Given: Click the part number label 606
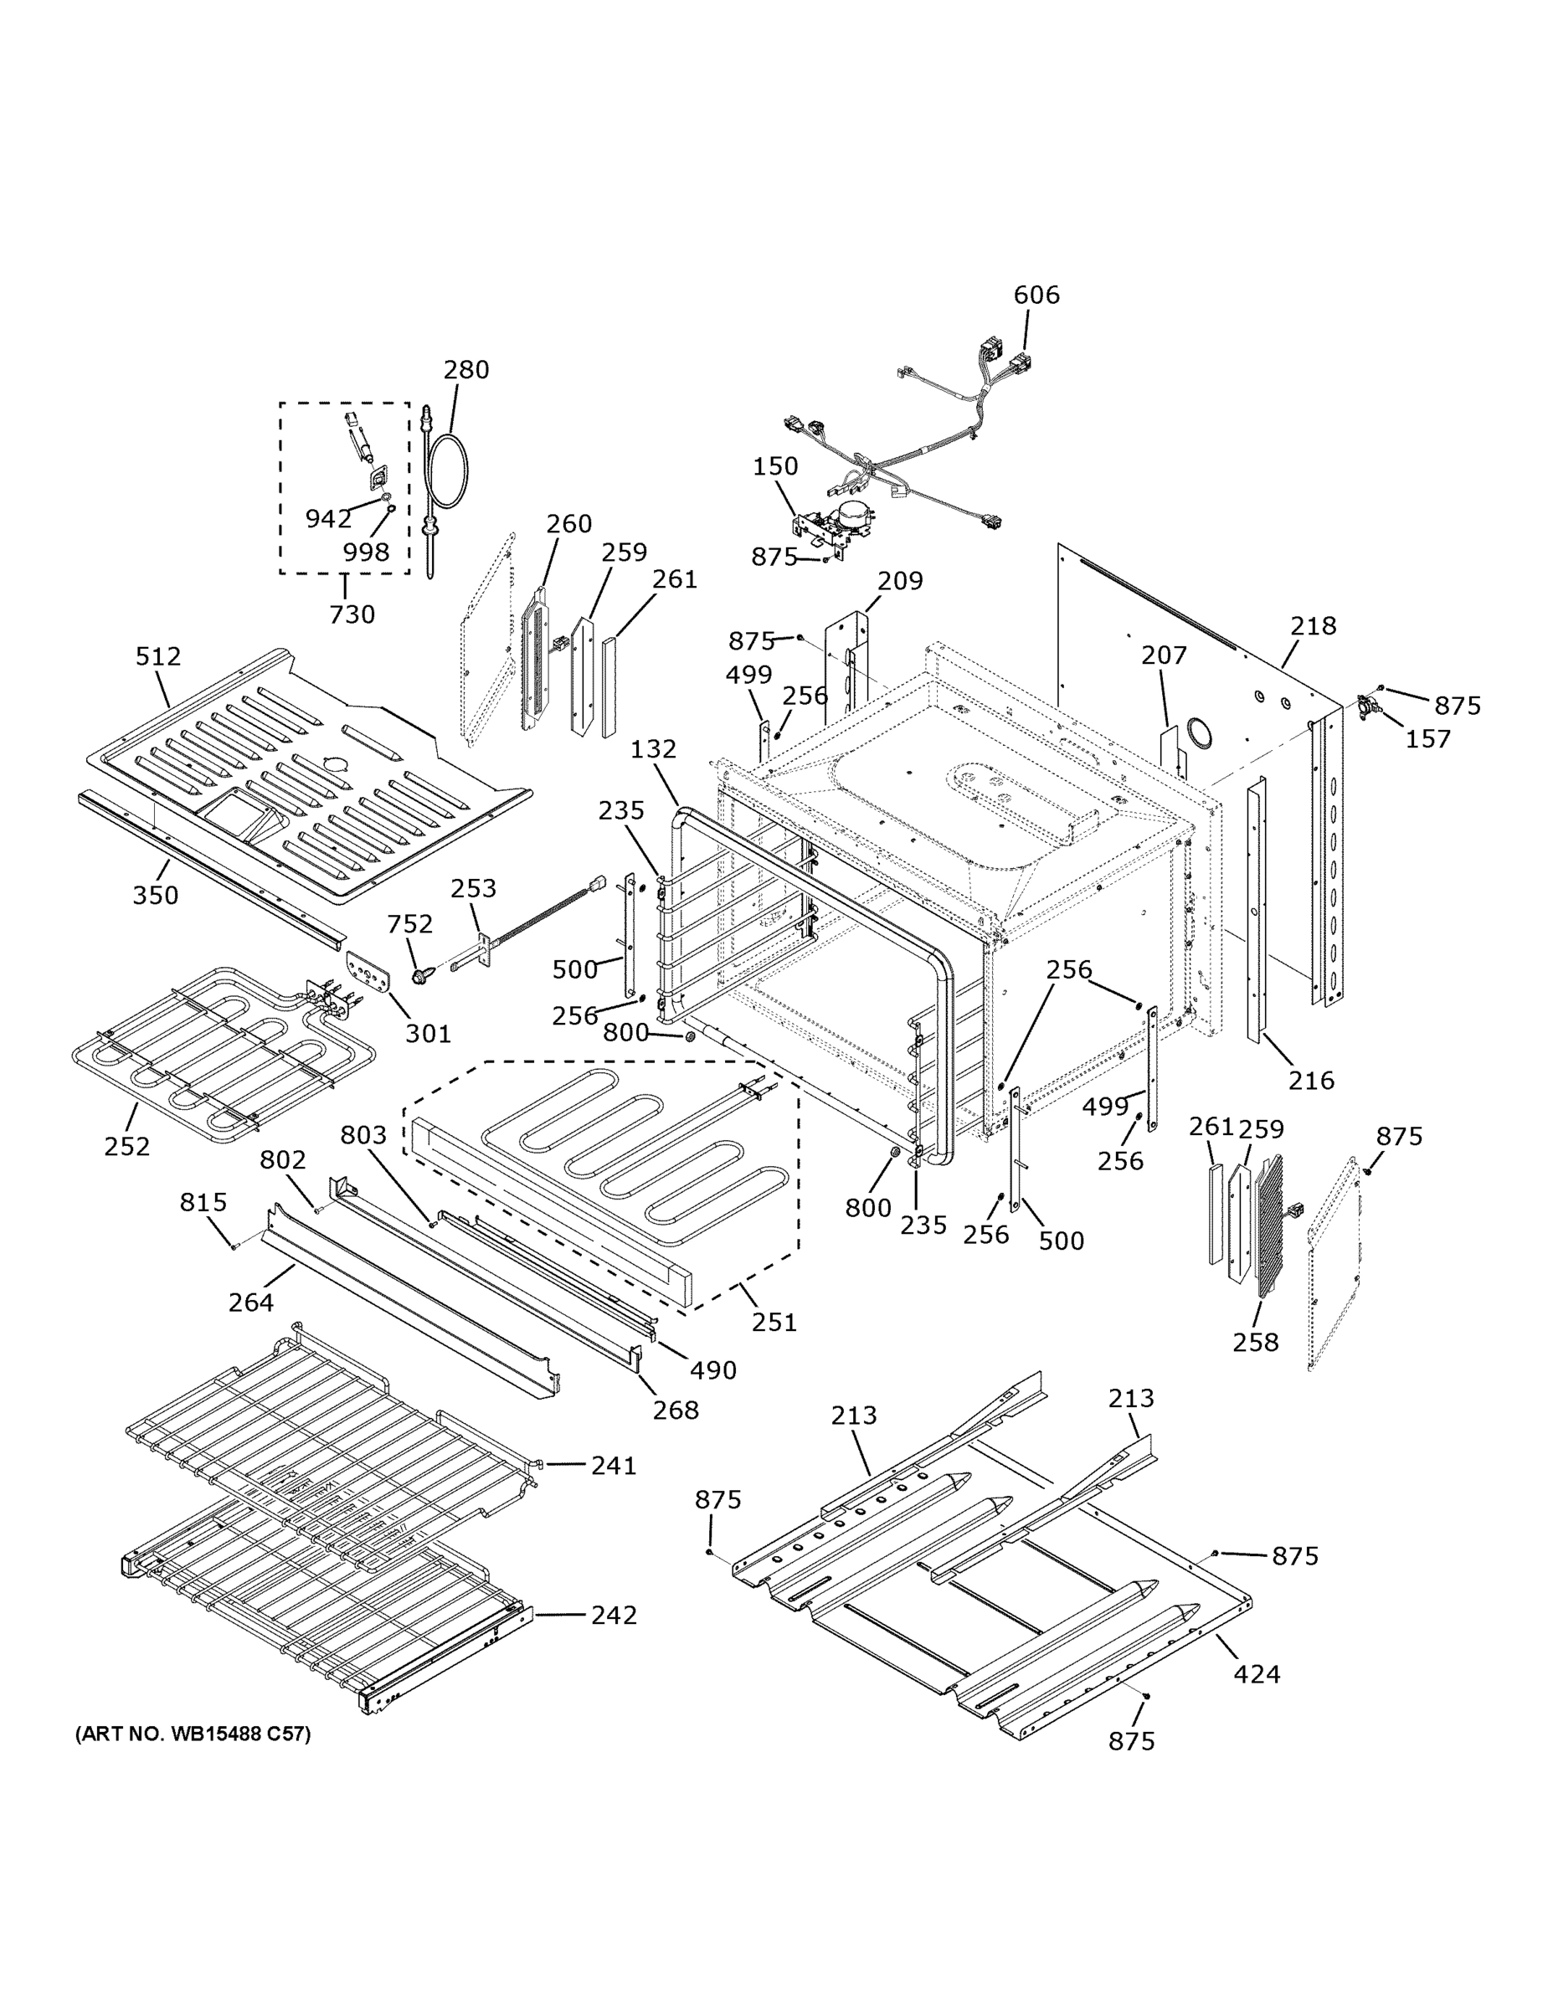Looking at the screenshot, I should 1036,295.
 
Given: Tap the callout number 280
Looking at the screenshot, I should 465,370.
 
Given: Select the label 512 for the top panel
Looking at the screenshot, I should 158,656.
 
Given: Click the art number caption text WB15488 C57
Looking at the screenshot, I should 193,1734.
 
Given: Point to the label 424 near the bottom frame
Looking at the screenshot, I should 1256,1673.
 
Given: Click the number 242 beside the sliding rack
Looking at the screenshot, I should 613,1616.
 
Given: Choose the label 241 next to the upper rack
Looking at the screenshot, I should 613,1466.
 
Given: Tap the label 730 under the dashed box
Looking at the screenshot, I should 352,614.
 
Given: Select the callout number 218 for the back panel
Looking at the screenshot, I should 1312,625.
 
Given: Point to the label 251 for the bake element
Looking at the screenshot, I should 774,1322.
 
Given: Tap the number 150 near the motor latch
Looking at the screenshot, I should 774,466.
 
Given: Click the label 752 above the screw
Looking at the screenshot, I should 409,923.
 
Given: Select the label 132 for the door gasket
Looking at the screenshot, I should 653,749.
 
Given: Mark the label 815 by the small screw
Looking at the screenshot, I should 203,1202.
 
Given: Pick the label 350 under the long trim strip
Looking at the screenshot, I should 155,894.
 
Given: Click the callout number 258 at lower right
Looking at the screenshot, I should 1255,1342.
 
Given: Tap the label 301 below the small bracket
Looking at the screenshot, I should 428,1033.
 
